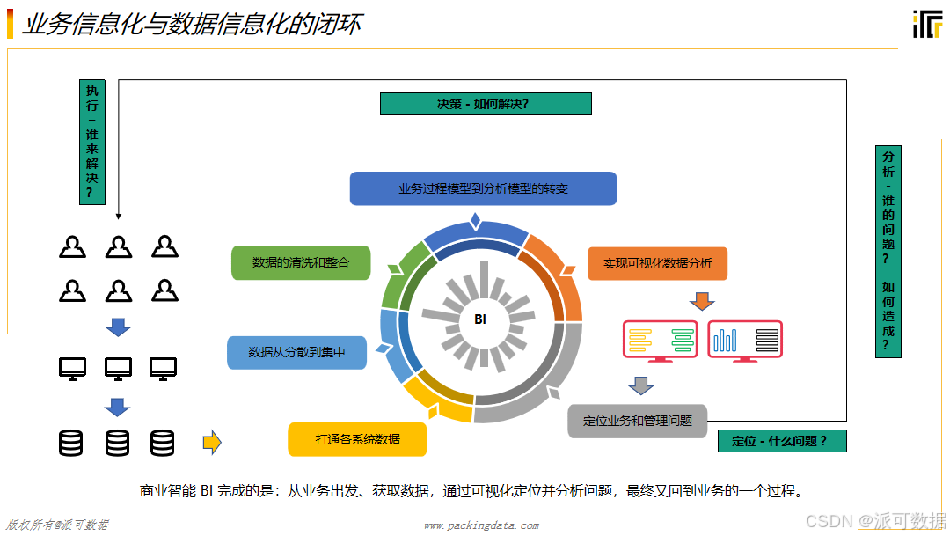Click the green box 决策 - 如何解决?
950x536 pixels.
pyautogui.click(x=485, y=104)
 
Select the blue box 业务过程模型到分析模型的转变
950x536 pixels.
pyautogui.click(x=483, y=188)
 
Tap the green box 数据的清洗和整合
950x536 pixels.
pyautogui.click(x=301, y=262)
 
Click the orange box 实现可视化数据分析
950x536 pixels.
pyautogui.click(x=657, y=263)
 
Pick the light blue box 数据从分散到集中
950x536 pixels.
pyautogui.click(x=296, y=352)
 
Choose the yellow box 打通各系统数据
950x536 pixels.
pyautogui.click(x=357, y=439)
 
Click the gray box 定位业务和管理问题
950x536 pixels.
pyautogui.click(x=637, y=421)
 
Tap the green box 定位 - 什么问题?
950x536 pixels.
pyautogui.click(x=781, y=441)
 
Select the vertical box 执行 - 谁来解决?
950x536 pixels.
pyautogui.click(x=92, y=142)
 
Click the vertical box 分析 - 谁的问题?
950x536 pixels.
pyautogui.click(x=888, y=251)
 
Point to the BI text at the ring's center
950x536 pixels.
pyautogui.click(x=480, y=319)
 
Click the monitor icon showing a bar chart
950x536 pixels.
pyautogui.click(x=744, y=341)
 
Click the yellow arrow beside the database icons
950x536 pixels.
pyautogui.click(x=212, y=442)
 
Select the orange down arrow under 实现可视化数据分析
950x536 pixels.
pyautogui.click(x=701, y=301)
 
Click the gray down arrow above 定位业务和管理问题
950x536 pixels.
pyautogui.click(x=641, y=385)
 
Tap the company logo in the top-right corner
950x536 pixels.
pyautogui.click(x=927, y=24)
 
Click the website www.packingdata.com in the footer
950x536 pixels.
pyautogui.click(x=480, y=525)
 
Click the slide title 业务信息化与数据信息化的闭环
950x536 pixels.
pyautogui.click(x=191, y=24)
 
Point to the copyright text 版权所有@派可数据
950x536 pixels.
pyautogui.click(x=58, y=525)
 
